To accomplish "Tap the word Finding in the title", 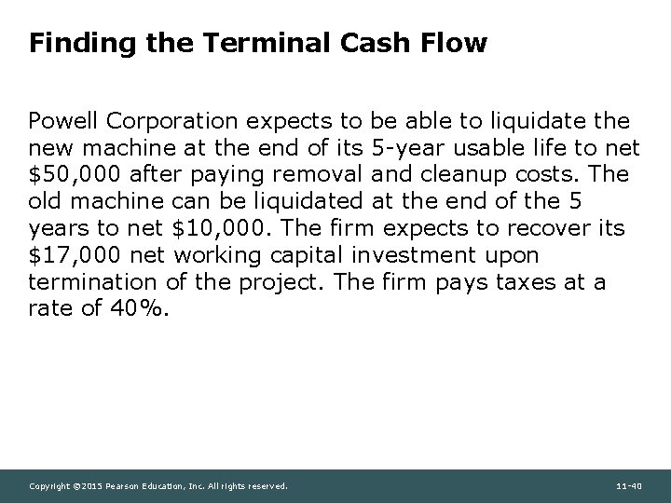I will (x=68, y=44).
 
